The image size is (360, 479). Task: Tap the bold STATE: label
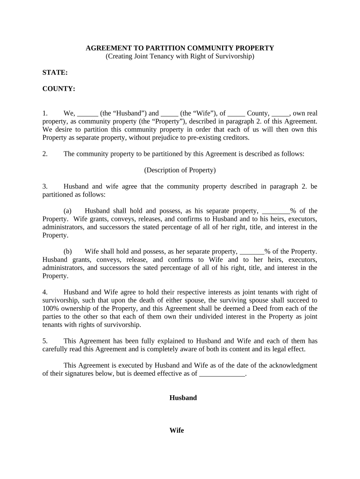[x=55, y=73]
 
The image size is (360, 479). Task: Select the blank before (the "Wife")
[x=169, y=114]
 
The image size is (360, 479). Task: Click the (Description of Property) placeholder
[x=180, y=170]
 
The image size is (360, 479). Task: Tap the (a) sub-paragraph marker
[x=68, y=211]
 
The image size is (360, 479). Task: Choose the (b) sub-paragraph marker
[x=68, y=252]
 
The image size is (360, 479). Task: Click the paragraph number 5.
[x=45, y=341]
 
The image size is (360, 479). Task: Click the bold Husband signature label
[x=182, y=398]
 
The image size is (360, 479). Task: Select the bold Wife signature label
[x=177, y=430]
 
